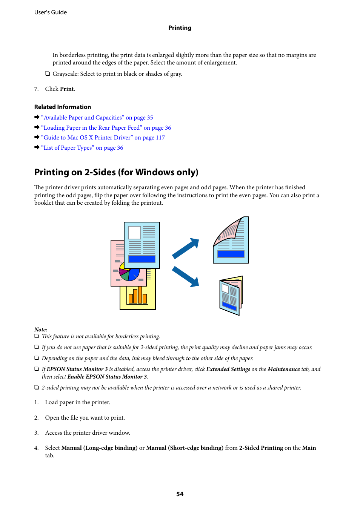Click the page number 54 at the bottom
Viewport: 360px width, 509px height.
pos(180,494)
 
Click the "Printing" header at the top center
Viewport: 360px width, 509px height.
pos(180,28)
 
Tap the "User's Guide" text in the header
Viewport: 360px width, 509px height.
pos(51,12)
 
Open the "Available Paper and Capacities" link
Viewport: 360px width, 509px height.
pos(97,118)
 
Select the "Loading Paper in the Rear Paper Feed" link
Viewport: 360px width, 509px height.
pos(106,128)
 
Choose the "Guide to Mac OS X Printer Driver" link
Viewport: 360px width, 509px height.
pos(103,138)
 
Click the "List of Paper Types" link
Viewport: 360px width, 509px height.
pos(82,148)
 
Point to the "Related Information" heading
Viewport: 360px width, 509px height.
pos(63,107)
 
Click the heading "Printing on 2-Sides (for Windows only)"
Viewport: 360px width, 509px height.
pos(116,172)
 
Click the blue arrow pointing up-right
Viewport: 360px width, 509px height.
pos(186,248)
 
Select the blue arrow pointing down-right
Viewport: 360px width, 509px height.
pos(186,276)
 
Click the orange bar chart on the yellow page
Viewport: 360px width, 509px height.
pos(137,296)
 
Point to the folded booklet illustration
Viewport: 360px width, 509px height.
pos(231,296)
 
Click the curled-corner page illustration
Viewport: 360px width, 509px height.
pos(231,240)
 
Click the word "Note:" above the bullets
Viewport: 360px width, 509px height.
pos(41,330)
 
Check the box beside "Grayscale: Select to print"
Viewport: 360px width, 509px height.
pos(48,74)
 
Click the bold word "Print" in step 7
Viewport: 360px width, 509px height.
pos(67,89)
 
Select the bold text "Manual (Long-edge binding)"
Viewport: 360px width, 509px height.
pos(99,448)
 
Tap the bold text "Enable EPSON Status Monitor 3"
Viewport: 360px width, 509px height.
pos(107,377)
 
